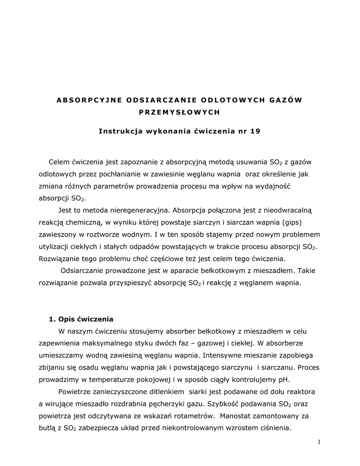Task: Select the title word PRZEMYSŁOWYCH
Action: (180, 111)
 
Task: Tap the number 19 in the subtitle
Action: (255, 132)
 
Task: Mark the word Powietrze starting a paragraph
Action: (76, 392)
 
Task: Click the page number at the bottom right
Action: (320, 442)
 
